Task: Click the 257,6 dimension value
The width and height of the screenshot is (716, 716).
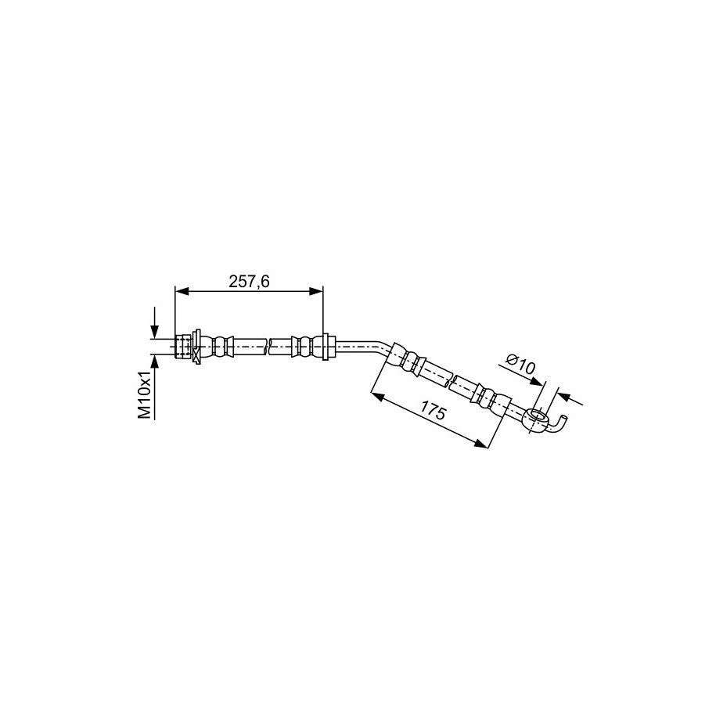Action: [249, 282]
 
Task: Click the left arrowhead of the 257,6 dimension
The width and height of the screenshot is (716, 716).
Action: [182, 291]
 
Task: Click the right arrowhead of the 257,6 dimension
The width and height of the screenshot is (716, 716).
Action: [316, 291]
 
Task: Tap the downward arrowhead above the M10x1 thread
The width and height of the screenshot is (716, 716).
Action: [154, 332]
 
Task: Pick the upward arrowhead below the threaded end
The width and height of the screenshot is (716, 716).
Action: [154, 362]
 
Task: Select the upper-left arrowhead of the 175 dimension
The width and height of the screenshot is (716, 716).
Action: [377, 395]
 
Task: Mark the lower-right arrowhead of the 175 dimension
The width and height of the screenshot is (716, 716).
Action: [481, 444]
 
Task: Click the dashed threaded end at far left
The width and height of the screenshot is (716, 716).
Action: [183, 346]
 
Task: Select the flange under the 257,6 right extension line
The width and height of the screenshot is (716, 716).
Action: [325, 346]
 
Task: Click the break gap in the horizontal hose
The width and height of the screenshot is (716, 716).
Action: [268, 347]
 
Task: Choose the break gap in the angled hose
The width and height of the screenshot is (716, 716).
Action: [448, 381]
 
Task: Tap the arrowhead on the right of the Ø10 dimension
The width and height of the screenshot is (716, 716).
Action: [564, 397]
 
